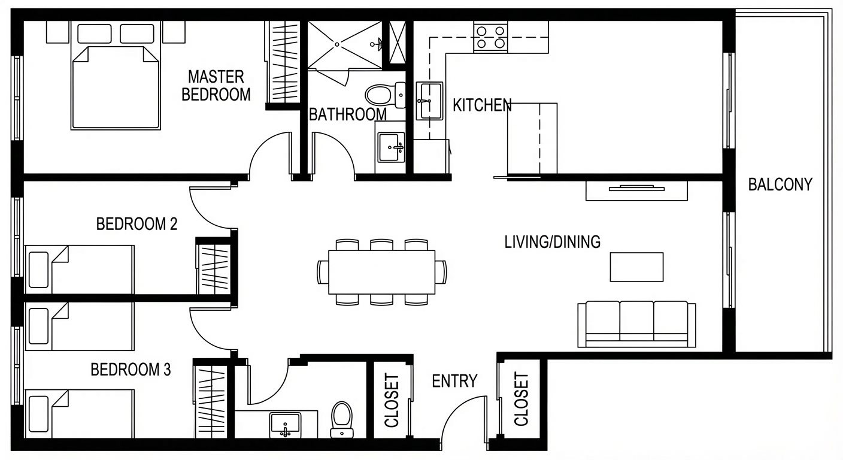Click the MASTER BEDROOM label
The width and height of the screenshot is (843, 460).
(x=216, y=86)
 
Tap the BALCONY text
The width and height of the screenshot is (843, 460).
(x=780, y=184)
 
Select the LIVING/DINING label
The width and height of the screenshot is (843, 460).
(x=553, y=242)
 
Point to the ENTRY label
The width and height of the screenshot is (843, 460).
(x=454, y=382)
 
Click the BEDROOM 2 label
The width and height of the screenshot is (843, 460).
(x=137, y=224)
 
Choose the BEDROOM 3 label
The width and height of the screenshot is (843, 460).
(x=131, y=370)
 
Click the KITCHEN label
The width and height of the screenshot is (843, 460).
(x=482, y=105)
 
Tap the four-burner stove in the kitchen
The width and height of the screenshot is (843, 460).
(x=490, y=37)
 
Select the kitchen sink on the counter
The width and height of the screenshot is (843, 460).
(x=429, y=101)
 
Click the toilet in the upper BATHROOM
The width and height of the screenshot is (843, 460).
(x=385, y=95)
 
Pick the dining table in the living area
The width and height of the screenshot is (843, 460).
(x=381, y=272)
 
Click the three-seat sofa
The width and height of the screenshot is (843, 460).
(x=637, y=324)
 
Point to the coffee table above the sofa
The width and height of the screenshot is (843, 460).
(x=637, y=267)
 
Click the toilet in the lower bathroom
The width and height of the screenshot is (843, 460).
(x=342, y=419)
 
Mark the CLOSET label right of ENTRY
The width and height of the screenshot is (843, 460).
(x=521, y=399)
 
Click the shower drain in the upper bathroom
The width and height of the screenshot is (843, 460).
(x=337, y=44)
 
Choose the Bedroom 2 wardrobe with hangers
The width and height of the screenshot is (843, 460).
(x=214, y=269)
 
